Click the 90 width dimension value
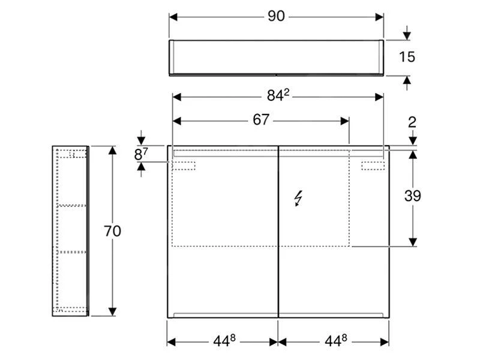click(x=275, y=17)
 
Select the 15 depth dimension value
click(x=407, y=58)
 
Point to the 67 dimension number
click(x=260, y=120)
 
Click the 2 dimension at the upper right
click(x=412, y=122)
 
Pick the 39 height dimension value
click(x=412, y=196)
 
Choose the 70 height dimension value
click(x=112, y=230)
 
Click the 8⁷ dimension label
click(x=140, y=154)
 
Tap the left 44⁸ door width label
click(x=222, y=341)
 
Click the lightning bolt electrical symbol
click(x=298, y=198)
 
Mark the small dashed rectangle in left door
click(x=185, y=165)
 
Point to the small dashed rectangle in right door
click(x=371, y=165)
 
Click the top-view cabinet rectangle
click(x=276, y=58)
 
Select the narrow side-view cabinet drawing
click(x=70, y=230)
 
